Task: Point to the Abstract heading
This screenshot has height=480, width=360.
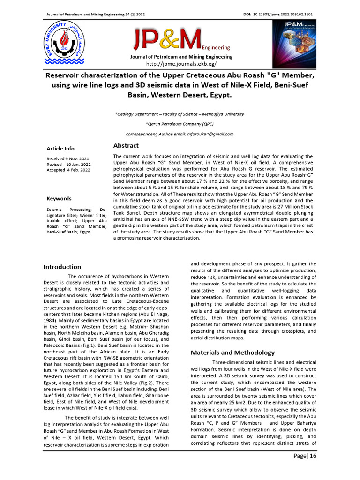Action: pyautogui.click(x=126, y=145)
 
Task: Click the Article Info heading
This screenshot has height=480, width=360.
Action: pyautogui.click(x=60, y=149)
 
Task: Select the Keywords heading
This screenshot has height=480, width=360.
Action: pyautogui.click(x=59, y=199)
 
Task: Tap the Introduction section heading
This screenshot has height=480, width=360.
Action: pyautogui.click(x=62, y=267)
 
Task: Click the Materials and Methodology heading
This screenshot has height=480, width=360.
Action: pyautogui.click(x=232, y=352)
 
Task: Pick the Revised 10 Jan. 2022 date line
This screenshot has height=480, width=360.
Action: pyautogui.click(x=69, y=164)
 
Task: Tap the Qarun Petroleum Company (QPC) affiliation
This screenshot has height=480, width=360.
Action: pyautogui.click(x=180, y=124)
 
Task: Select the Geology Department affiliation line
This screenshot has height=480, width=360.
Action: pyautogui.click(x=180, y=114)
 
